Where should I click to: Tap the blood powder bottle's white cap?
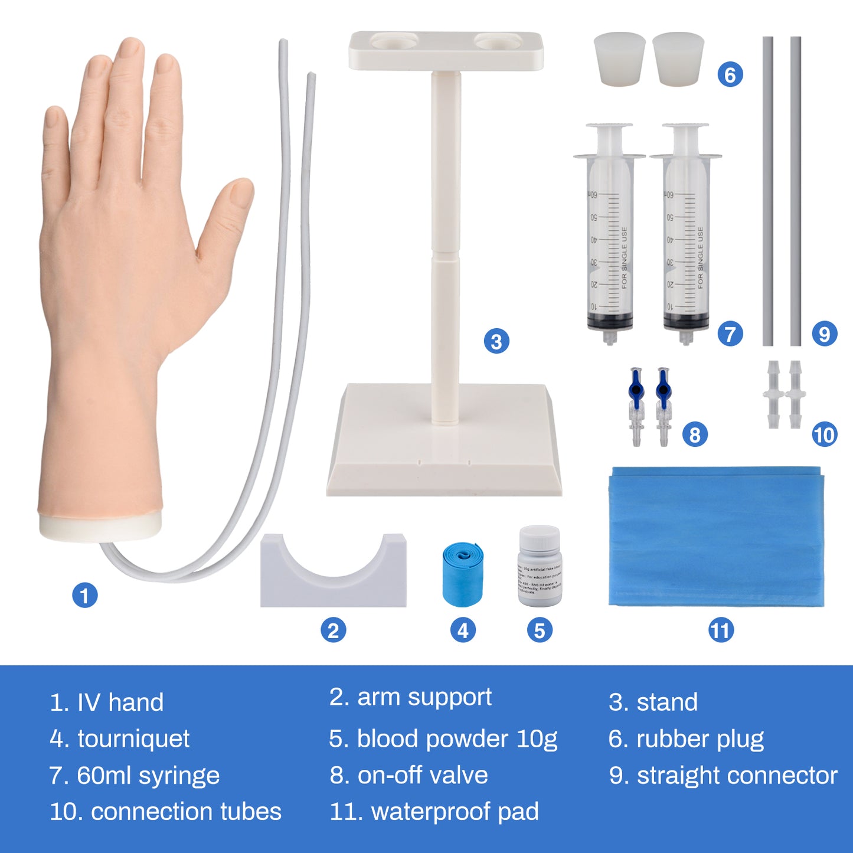[540, 538]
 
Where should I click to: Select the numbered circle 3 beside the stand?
[496, 342]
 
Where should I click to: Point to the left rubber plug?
[619, 58]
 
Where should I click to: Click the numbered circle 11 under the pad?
[721, 630]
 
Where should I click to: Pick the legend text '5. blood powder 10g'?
[443, 739]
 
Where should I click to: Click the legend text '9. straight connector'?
[723, 776]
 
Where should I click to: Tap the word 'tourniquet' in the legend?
[133, 739]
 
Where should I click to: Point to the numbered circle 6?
[730, 75]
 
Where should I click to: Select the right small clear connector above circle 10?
[796, 394]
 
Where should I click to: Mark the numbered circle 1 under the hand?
[84, 595]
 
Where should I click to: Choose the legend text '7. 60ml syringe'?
[135, 776]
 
